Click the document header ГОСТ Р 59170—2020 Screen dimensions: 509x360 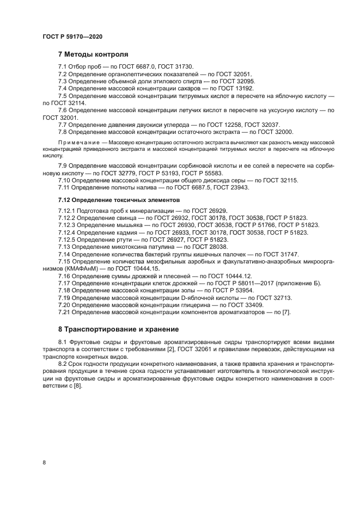tap(72, 36)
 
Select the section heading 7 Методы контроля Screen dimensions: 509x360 tap(93, 54)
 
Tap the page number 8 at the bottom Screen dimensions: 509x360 tap(45, 463)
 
